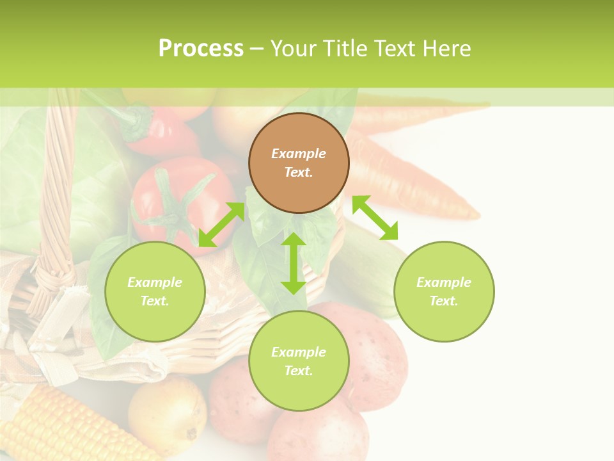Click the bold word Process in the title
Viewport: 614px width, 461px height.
201,49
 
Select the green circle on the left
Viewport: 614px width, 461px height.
155,291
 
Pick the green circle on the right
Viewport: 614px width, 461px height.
444,291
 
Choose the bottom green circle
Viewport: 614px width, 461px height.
299,361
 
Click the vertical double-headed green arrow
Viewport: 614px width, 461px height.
294,263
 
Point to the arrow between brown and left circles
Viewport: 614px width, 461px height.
221,224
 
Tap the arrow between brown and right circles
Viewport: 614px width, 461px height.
375,218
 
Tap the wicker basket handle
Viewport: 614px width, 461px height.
58,192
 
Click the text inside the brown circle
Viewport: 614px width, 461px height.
299,163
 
